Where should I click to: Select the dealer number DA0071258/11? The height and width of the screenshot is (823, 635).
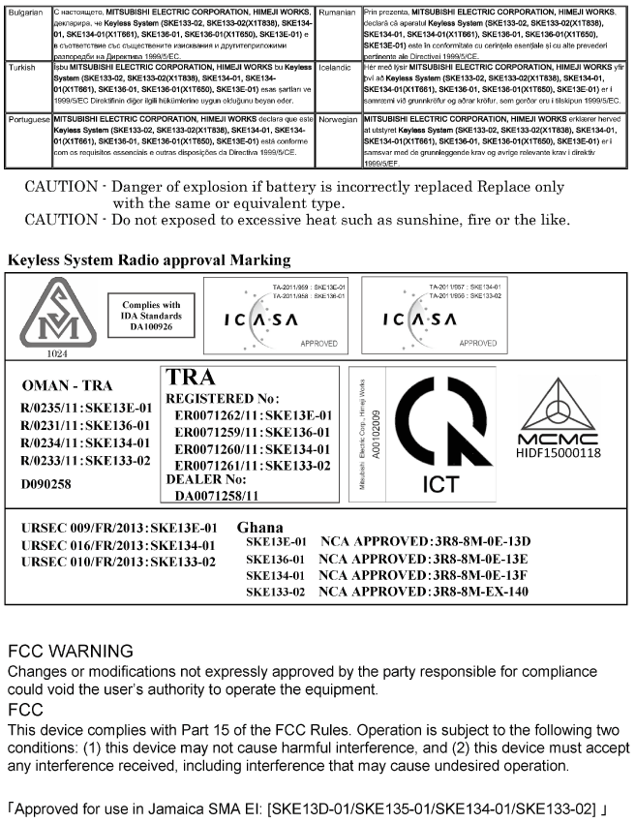pyautogui.click(x=217, y=496)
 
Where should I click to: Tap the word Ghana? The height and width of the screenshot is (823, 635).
pyautogui.click(x=258, y=528)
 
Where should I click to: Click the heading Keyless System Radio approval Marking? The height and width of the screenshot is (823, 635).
pyautogui.click(x=148, y=259)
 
